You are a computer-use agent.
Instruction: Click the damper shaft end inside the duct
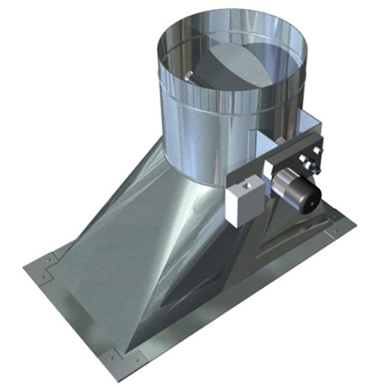click(x=188, y=78)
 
